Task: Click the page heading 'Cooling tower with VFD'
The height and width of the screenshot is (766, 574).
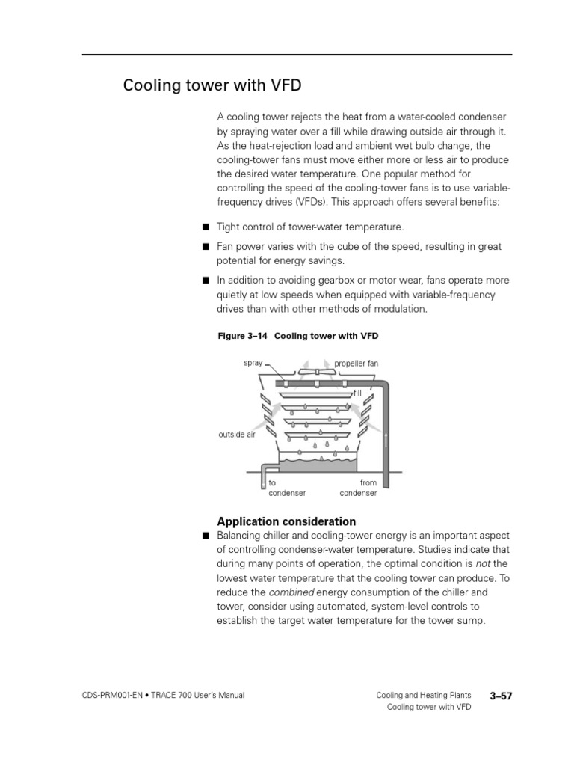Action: point(212,85)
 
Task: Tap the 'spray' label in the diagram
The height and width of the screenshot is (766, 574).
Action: point(253,363)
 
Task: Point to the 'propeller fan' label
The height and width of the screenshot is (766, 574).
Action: point(356,364)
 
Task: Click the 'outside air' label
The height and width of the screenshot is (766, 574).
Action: point(237,434)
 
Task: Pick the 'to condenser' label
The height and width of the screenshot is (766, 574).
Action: point(287,488)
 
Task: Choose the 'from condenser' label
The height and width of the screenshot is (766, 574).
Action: point(359,488)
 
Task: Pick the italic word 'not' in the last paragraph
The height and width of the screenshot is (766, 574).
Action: point(484,564)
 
